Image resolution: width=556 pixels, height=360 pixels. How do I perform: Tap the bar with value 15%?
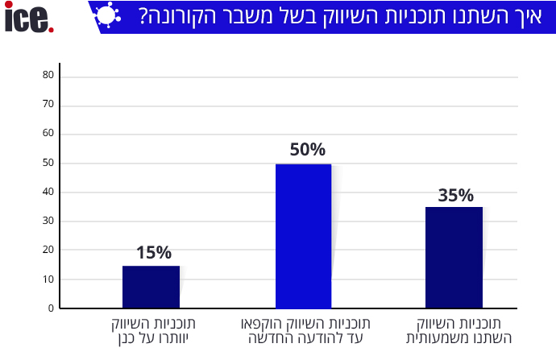click(151, 287)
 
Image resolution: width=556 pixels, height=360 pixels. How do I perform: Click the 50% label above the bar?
click(307, 150)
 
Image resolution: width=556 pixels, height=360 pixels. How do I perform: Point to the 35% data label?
click(456, 195)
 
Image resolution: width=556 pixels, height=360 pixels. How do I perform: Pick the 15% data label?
click(153, 253)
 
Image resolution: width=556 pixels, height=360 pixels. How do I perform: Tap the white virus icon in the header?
click(107, 16)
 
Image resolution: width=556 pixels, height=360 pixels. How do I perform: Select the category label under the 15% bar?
click(154, 330)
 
